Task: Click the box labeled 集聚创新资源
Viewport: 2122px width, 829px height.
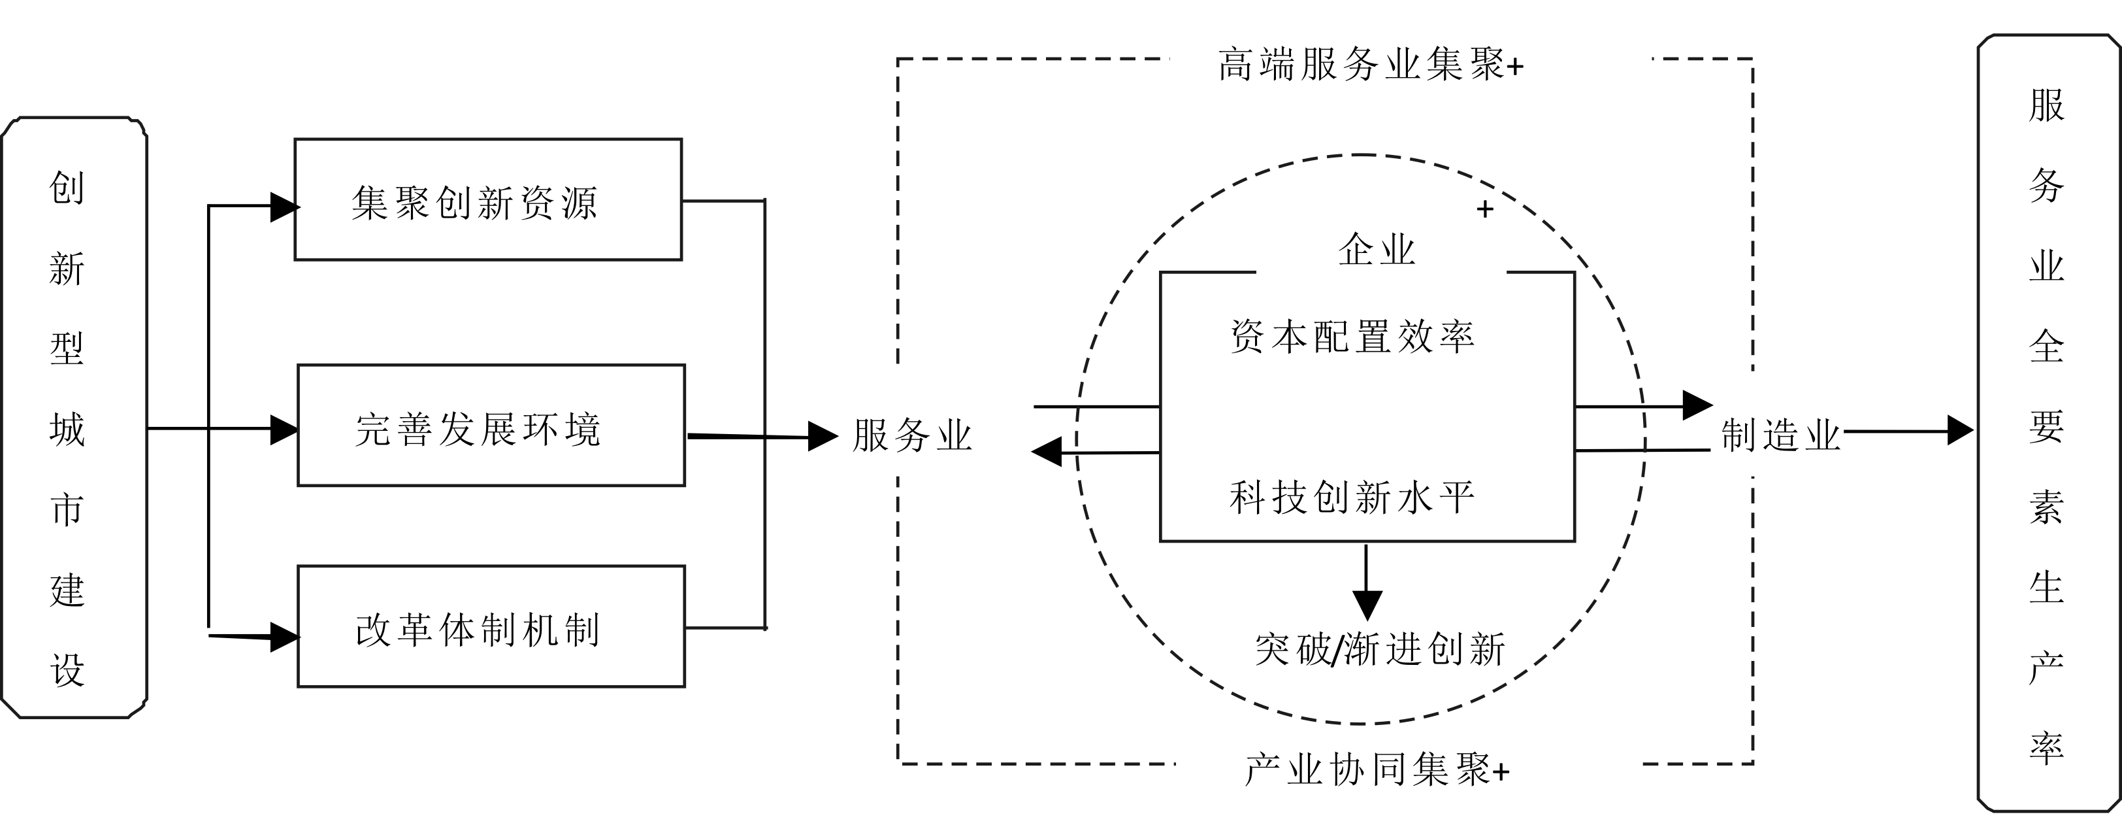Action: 487,199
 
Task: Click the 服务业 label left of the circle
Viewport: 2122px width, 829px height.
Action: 912,435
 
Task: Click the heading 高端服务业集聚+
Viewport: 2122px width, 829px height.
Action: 1371,64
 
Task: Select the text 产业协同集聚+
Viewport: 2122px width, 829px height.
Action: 1377,770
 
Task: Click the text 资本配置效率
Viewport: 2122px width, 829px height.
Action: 1352,336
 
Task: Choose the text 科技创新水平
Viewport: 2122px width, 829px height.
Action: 1352,497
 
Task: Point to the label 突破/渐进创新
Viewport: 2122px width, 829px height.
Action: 1380,649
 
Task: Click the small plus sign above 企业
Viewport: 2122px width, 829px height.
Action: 1485,209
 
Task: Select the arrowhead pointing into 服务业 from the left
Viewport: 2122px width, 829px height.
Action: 822,437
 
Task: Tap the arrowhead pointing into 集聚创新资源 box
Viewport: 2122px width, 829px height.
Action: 284,207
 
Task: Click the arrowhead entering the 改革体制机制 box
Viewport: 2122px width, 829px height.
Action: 284,637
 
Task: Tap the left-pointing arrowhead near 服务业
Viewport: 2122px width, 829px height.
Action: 1047,452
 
